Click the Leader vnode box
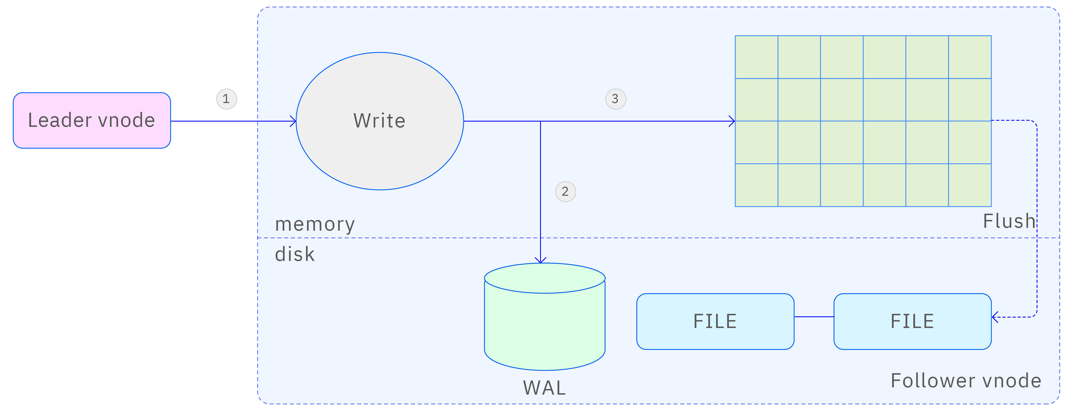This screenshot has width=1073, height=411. [x=92, y=120]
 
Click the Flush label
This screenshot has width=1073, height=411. [x=1009, y=221]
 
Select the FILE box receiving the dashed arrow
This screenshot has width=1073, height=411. [x=912, y=321]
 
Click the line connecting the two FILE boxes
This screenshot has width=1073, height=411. [x=814, y=317]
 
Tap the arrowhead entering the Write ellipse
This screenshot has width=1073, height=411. [x=293, y=121]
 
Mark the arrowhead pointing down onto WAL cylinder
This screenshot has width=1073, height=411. [x=540, y=260]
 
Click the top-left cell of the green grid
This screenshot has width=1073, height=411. [x=756, y=57]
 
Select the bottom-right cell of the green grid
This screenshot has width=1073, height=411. [x=970, y=185]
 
